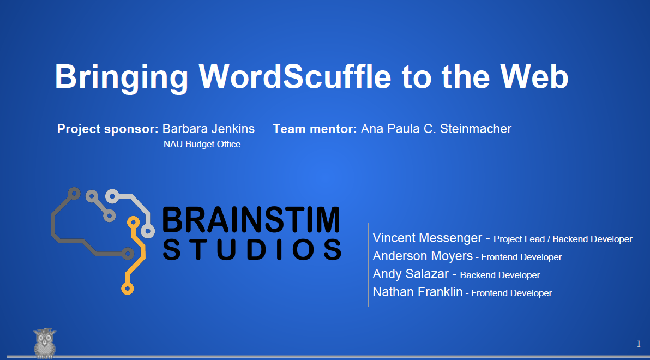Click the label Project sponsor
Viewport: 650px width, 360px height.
click(108, 129)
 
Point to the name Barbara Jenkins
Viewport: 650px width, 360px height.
click(208, 129)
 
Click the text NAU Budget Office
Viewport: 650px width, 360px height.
click(202, 145)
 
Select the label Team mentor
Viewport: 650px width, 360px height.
click(315, 129)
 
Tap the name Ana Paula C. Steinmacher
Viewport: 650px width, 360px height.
click(436, 129)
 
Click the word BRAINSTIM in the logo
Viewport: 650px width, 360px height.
click(251, 220)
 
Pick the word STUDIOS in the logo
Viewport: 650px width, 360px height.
click(252, 250)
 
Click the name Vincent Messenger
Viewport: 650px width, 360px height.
click(428, 238)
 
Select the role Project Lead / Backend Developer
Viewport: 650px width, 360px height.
click(563, 239)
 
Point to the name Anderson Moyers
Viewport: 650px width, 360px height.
click(423, 256)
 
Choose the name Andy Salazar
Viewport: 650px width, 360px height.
click(411, 274)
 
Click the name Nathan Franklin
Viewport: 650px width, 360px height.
click(418, 292)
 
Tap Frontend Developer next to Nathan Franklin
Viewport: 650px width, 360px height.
click(511, 293)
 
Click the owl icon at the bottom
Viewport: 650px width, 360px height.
click(44, 343)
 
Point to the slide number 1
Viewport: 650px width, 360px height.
click(639, 344)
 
